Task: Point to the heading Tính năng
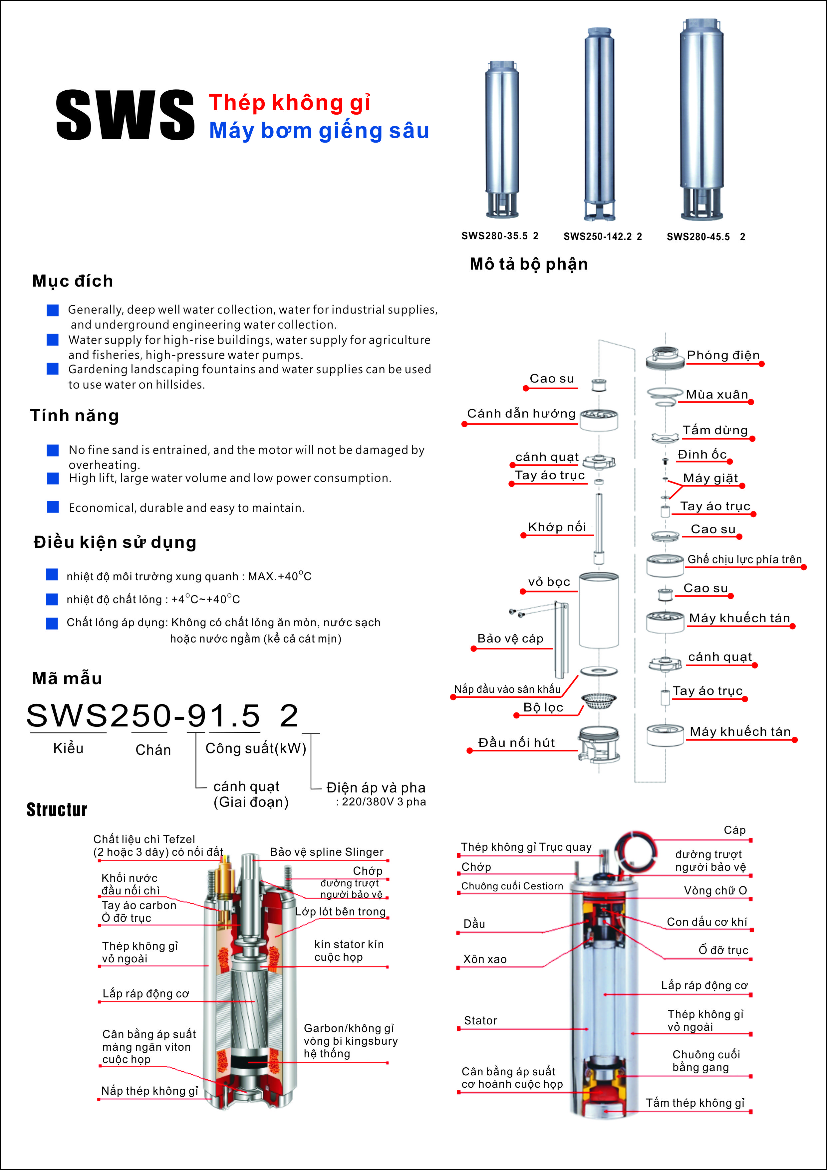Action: coord(74,415)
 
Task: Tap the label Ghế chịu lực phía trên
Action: coord(744,559)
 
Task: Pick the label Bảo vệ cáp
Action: coord(510,638)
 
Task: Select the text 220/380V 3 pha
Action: coord(384,801)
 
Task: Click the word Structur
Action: coord(57,810)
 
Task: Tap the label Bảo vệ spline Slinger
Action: coord(326,852)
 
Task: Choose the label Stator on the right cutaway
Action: coord(480,1020)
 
